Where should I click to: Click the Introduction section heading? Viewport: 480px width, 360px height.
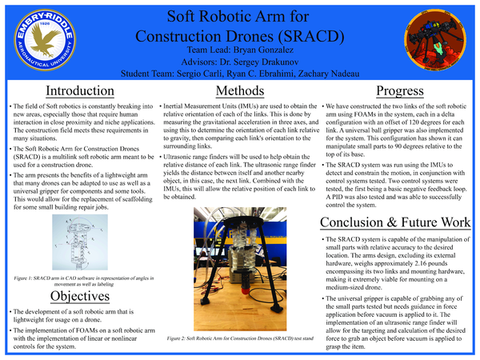coord(79,90)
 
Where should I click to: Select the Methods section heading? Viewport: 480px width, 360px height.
coord(240,90)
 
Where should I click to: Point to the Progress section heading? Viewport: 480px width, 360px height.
coord(399,90)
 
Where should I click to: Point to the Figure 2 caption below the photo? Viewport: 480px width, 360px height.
coord(240,339)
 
